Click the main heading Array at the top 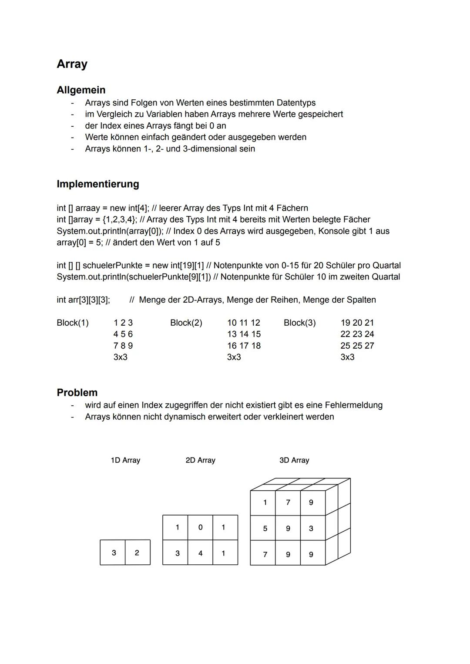coord(72,64)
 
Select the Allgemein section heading coord(81,90)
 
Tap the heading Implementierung coord(98,184)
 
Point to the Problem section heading coord(77,392)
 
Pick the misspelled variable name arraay coord(87,208)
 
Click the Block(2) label coord(186,323)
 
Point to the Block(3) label coord(299,323)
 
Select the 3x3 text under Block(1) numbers coord(121,357)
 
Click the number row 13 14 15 coord(244,334)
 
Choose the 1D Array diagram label coord(125,460)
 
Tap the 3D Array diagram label coord(294,460)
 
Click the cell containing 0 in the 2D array coord(200,527)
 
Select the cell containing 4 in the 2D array coord(200,553)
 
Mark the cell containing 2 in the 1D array coord(137,553)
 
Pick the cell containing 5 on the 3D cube coord(265,528)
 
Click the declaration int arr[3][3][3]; coord(84,300)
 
